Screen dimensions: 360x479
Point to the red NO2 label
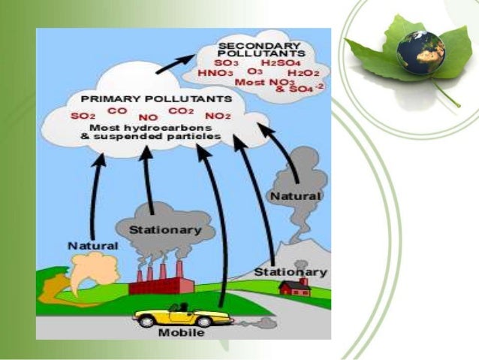coord(217,116)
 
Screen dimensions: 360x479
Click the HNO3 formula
coord(214,73)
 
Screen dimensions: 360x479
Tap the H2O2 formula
coord(303,73)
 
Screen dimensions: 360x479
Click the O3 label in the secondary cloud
coord(255,72)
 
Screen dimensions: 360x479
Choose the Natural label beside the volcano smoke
coord(295,195)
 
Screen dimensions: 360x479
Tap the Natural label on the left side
coord(92,245)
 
